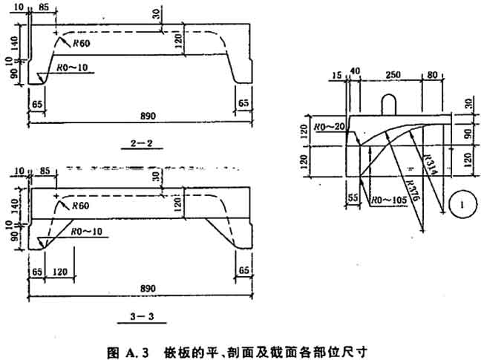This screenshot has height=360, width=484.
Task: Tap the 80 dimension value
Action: click(432, 75)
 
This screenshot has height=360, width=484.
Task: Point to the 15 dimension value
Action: click(338, 75)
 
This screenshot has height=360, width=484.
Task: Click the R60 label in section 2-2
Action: click(82, 45)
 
